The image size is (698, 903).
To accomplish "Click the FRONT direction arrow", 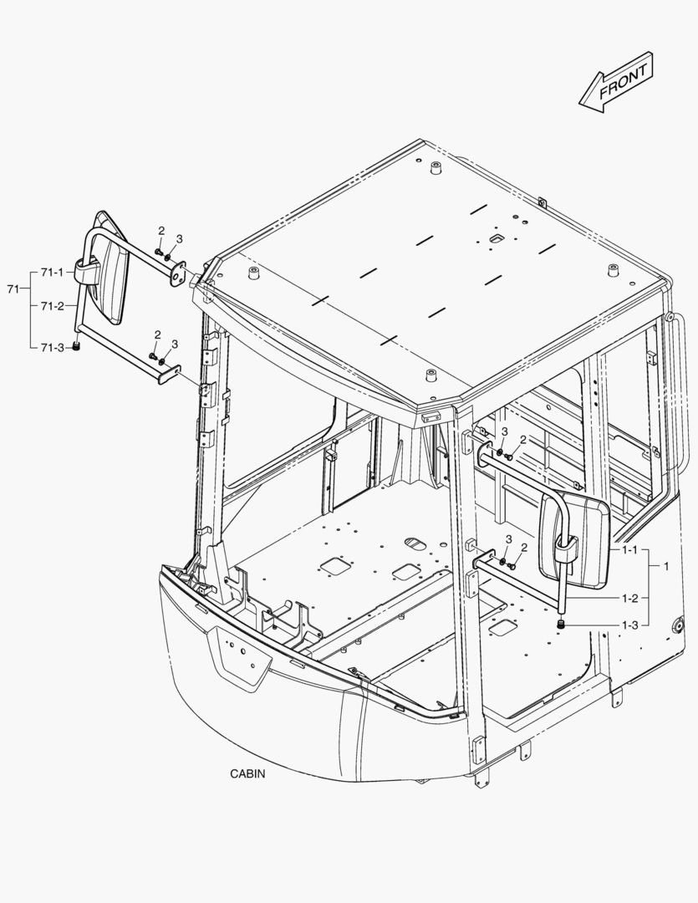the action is [616, 82].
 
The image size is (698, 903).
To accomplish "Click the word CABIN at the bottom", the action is [247, 773].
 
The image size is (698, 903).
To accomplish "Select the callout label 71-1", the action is [53, 272].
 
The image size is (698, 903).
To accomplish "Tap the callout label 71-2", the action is [53, 306].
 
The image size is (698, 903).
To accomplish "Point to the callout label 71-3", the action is [53, 347].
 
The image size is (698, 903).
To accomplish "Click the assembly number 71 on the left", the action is [13, 289].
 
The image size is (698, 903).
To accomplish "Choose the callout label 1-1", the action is [630, 550].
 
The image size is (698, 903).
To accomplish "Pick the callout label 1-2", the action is [630, 598].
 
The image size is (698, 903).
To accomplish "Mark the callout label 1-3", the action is [630, 625].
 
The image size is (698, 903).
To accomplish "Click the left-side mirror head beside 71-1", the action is [110, 268].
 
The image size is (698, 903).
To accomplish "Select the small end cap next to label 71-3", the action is [75, 347].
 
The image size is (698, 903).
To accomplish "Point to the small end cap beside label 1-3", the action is [560, 625].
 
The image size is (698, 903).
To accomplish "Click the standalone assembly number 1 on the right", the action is [666, 566].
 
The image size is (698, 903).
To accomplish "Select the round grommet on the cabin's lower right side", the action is [678, 625].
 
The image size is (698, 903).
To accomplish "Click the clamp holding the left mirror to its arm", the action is [86, 271].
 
